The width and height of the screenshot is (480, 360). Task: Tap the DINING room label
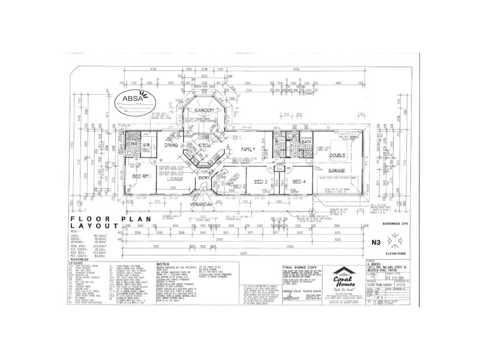pos(172,146)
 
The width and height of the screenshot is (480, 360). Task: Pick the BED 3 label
pos(260,181)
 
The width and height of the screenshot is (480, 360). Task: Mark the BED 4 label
pos(298,181)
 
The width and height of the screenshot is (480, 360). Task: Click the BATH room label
pos(298,142)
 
